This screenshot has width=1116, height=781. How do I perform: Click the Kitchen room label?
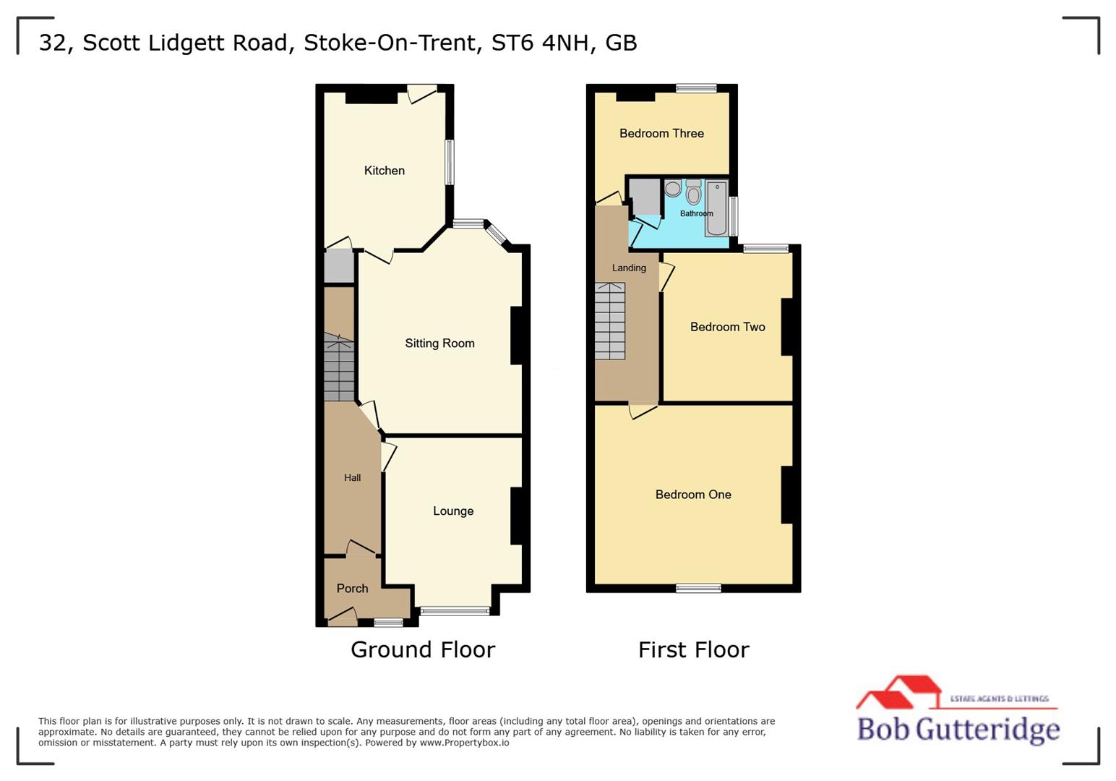tap(384, 171)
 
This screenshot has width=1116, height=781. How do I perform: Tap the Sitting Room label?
tap(439, 343)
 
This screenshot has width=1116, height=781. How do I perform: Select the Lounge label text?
tap(453, 511)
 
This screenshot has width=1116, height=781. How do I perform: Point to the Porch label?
tap(352, 589)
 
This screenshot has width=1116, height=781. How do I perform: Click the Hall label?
tap(352, 478)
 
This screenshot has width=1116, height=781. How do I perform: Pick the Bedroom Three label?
tap(661, 133)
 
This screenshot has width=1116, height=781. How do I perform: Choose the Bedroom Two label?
tap(727, 327)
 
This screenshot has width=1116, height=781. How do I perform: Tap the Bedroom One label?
tap(693, 495)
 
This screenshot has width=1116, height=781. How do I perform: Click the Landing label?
tap(629, 268)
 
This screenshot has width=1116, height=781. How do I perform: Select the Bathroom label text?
tap(696, 214)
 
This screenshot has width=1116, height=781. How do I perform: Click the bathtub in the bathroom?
tap(716, 208)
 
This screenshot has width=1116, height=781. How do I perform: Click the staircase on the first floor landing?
tap(610, 321)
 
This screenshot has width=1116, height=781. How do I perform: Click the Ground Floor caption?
tap(423, 649)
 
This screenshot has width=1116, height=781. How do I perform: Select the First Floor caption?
tap(693, 649)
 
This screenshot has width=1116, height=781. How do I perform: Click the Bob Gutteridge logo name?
tap(958, 728)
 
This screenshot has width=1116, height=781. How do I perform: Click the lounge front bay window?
tap(455, 611)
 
